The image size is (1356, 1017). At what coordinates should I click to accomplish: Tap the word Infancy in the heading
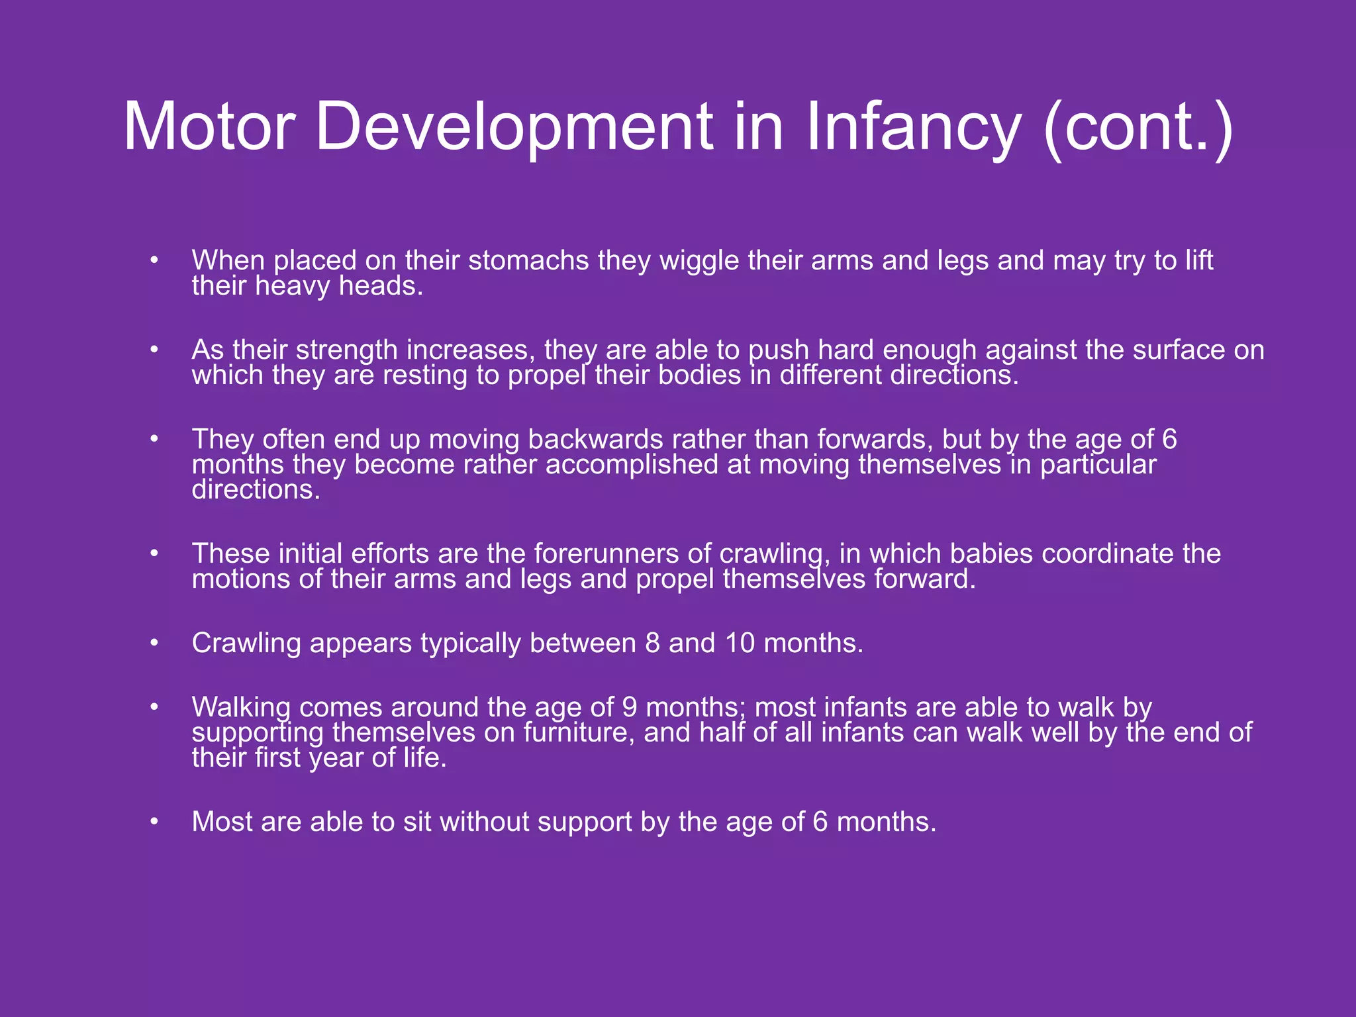point(913,127)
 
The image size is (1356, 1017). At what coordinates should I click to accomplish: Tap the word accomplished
point(632,465)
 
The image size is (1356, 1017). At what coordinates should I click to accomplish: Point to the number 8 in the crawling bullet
point(652,643)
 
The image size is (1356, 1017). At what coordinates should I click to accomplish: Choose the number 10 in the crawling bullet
point(740,643)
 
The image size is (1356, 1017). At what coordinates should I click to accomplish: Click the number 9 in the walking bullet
point(630,707)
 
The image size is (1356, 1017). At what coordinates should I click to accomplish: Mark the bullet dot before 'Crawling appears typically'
point(154,643)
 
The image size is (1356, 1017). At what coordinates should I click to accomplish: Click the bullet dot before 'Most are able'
point(154,822)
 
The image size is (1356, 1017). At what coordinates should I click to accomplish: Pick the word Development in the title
point(514,127)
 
